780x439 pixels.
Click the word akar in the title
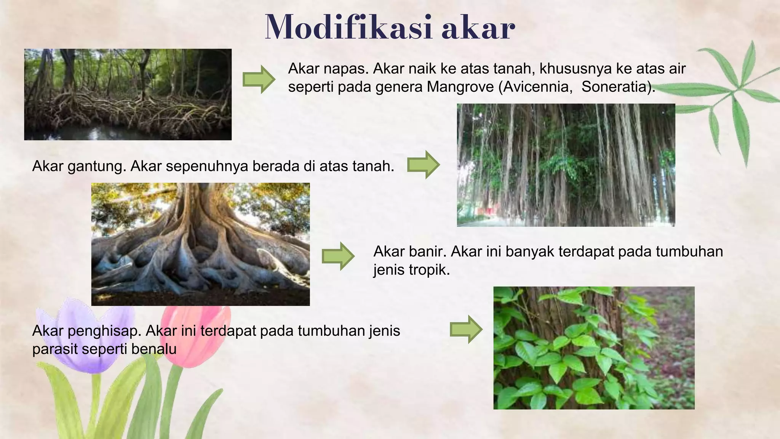tap(478, 27)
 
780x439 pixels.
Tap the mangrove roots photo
tap(128, 94)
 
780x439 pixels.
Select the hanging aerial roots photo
tap(566, 165)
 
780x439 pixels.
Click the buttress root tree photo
tap(200, 244)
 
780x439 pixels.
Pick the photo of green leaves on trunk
tap(594, 348)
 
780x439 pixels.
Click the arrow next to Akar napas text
tap(259, 79)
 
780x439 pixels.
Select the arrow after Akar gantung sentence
tap(423, 165)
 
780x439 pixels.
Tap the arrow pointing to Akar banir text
tap(338, 256)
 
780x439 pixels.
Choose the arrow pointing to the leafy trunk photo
tap(466, 330)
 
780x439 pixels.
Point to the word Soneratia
tap(616, 87)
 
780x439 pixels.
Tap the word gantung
tap(96, 167)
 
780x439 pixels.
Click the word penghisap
tap(104, 331)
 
